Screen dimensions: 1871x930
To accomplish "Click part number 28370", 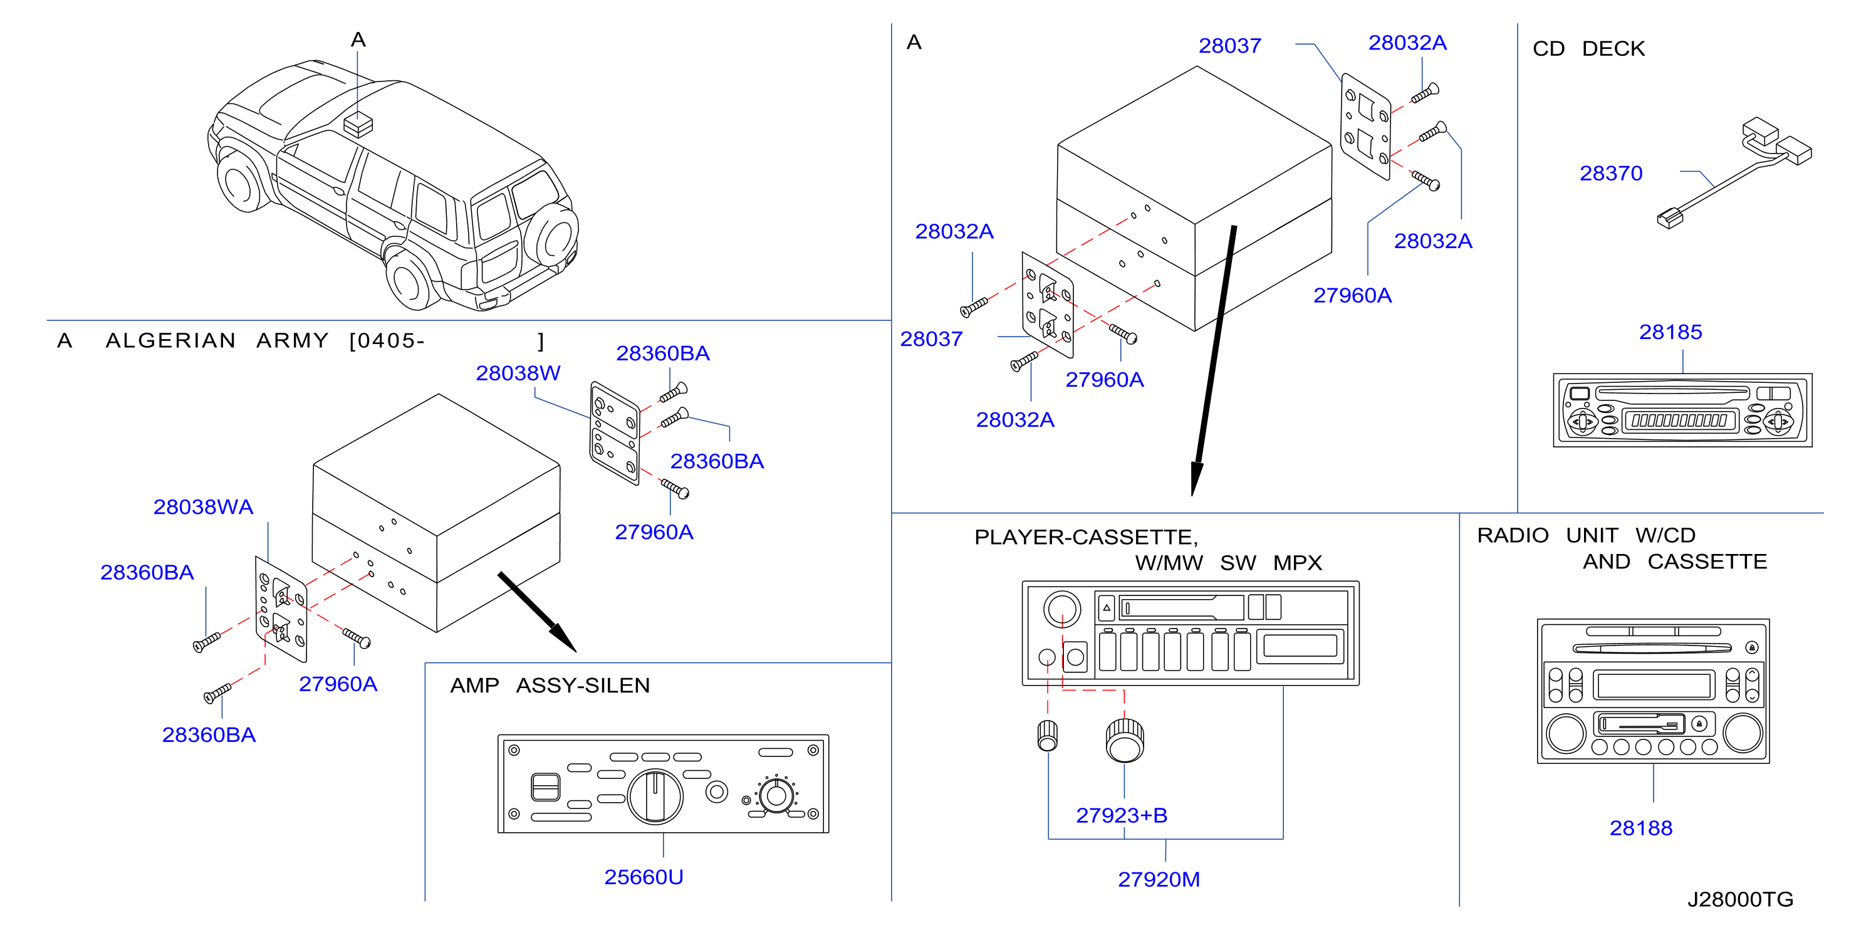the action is pyautogui.click(x=1610, y=174).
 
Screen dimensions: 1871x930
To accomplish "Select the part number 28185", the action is pyautogui.click(x=1670, y=332).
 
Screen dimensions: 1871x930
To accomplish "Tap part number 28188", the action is pyautogui.click(x=1641, y=828).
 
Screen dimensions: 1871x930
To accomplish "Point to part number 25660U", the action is pyautogui.click(x=644, y=877).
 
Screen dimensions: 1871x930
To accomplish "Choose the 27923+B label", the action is pyautogui.click(x=1122, y=815).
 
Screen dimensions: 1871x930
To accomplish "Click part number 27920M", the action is pyautogui.click(x=1159, y=880).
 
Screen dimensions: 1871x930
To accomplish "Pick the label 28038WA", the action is pyautogui.click(x=204, y=507).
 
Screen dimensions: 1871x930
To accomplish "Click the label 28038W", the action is pyautogui.click(x=518, y=374).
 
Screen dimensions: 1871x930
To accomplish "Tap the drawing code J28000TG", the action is pyautogui.click(x=1740, y=899).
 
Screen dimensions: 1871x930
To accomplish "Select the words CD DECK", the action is pyautogui.click(x=1588, y=49).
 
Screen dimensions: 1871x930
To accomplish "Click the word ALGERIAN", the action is pyautogui.click(x=170, y=340).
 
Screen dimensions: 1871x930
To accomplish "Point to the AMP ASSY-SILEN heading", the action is pyautogui.click(x=550, y=685).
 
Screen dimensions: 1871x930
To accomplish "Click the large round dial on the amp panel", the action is pyautogui.click(x=655, y=797).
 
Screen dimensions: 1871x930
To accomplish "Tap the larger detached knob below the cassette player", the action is pyautogui.click(x=1124, y=739).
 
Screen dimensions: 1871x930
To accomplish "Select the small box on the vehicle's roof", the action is pyautogui.click(x=357, y=124).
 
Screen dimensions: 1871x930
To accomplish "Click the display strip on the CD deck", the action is pyautogui.click(x=1679, y=421).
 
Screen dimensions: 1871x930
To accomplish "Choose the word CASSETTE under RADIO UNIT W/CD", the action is pyautogui.click(x=1707, y=562).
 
